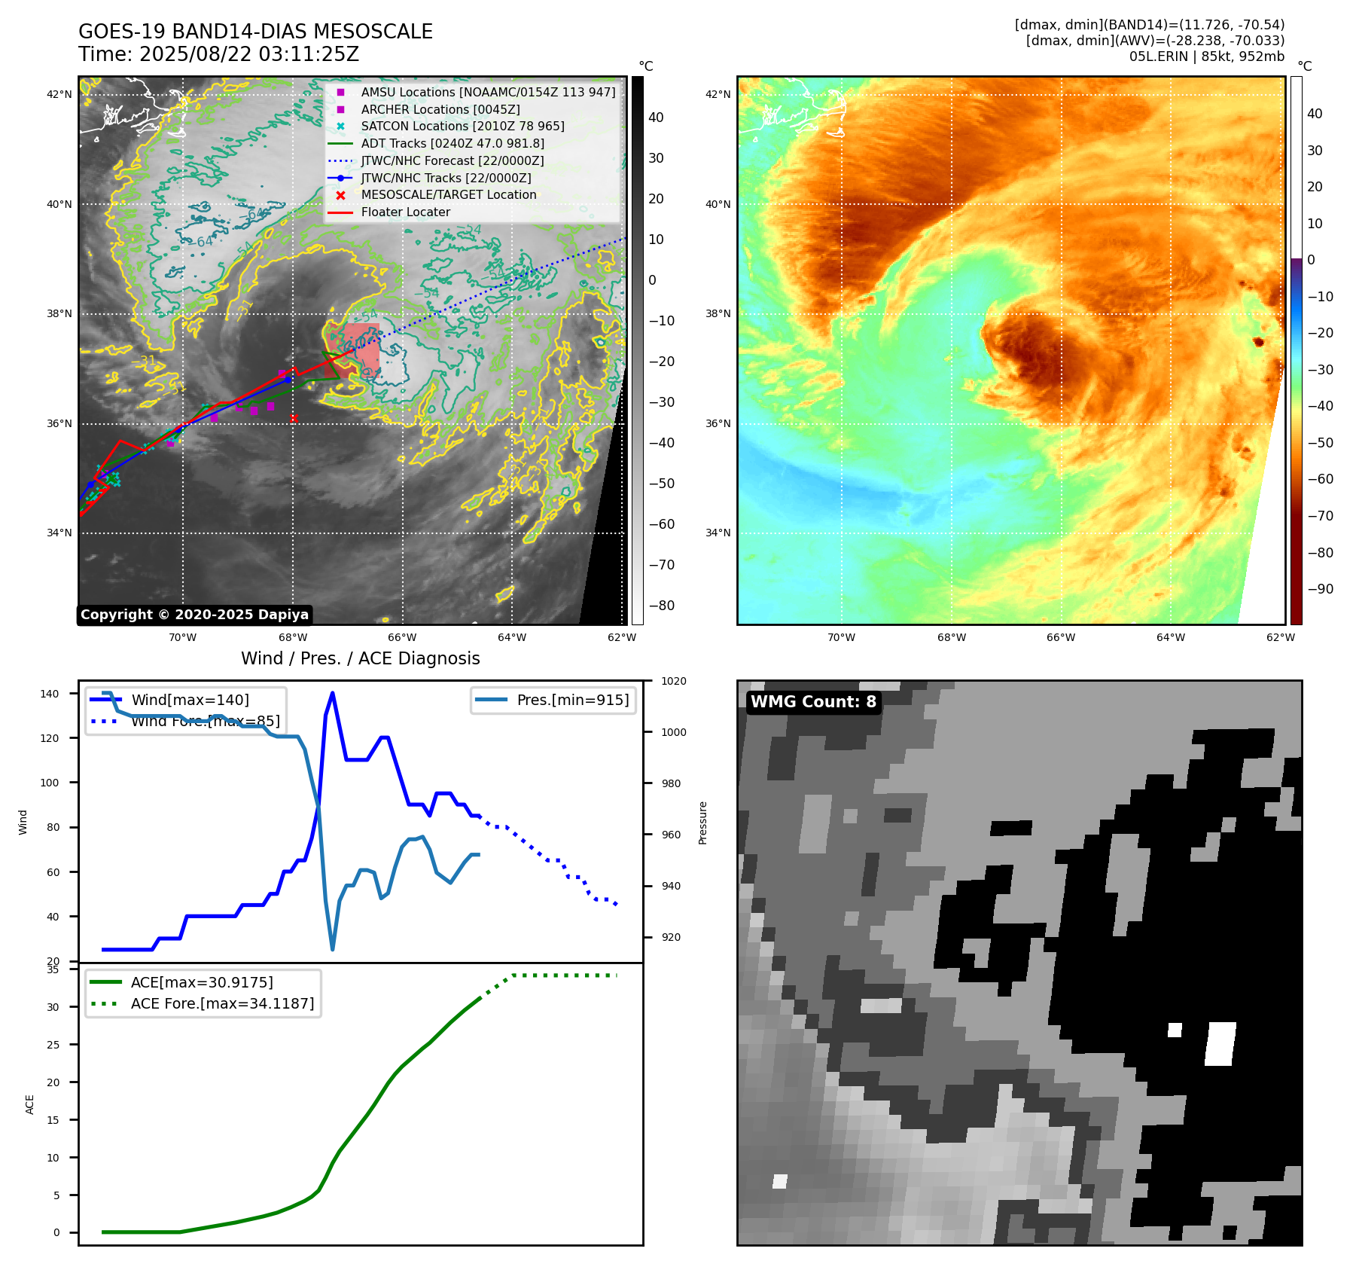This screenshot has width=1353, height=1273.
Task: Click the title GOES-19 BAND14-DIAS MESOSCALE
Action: (x=255, y=32)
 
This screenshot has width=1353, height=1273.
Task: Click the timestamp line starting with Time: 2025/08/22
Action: (x=218, y=54)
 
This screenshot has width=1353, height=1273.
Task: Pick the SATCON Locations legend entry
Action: (x=462, y=126)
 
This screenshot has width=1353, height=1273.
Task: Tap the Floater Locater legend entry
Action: (x=405, y=212)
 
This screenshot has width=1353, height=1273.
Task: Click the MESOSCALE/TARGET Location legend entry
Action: (x=448, y=194)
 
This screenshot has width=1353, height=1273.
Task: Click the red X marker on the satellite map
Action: (x=294, y=418)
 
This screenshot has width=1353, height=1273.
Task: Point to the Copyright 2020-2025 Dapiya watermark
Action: (x=194, y=615)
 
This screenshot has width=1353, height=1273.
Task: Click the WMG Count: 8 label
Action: (x=813, y=702)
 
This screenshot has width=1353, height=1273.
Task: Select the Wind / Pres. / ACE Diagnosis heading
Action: (x=360, y=658)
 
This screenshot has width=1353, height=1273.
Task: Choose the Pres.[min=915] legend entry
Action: (x=572, y=700)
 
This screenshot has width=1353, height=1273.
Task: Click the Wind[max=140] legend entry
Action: (x=190, y=700)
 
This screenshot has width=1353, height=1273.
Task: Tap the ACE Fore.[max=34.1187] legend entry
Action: (x=221, y=1003)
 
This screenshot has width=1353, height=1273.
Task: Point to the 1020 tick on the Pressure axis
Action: (x=673, y=681)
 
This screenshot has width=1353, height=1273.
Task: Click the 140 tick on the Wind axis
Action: (x=50, y=694)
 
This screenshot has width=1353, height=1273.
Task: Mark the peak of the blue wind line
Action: (x=332, y=693)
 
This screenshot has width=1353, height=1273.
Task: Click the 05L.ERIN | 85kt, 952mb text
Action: (x=1206, y=56)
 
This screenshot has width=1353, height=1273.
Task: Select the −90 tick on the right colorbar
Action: (x=1320, y=589)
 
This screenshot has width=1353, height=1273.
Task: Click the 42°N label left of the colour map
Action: (x=718, y=94)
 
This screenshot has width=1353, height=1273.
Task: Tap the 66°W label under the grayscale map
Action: (x=402, y=637)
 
